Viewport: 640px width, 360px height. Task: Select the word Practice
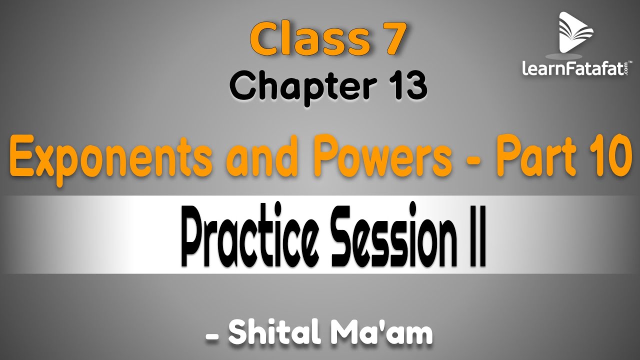coord(252,237)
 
